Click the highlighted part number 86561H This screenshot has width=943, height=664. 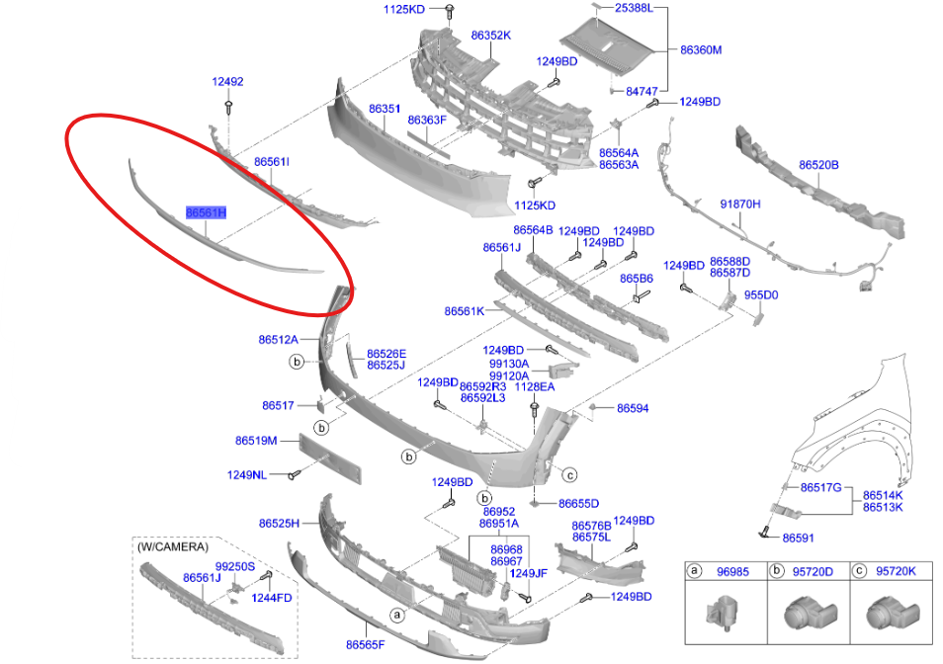pos(207,212)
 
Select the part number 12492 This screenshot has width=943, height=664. pos(227,82)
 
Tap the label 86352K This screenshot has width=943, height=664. pos(490,35)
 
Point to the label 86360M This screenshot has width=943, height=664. pos(701,48)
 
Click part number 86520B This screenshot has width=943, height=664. pos(818,165)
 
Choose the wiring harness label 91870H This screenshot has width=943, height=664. pos(740,204)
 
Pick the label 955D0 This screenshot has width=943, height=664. pos(761,294)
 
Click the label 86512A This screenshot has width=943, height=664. pos(279,340)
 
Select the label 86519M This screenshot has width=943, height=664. pos(256,440)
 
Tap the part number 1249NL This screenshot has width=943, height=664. pos(247,475)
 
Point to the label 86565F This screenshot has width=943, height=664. pos(365,644)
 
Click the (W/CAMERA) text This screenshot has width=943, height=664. pos(173,546)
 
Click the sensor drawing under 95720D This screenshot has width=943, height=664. pos(803,615)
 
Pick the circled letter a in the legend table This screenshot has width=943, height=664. pos(696,571)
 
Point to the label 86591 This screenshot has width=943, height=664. pos(798,538)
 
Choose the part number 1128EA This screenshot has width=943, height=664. pos(535,387)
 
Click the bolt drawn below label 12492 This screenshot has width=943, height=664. pos(229,106)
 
